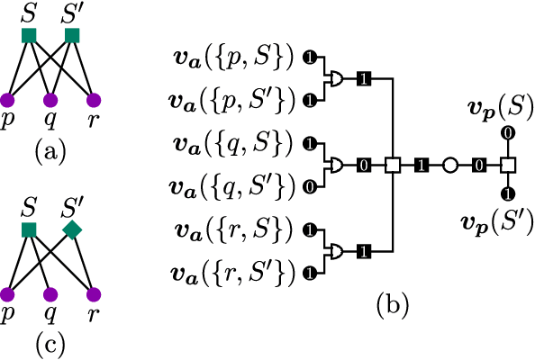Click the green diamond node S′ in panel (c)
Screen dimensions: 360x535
(x=73, y=231)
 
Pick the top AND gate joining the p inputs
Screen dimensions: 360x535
(x=336, y=79)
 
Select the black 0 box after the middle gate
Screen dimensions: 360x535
(x=363, y=166)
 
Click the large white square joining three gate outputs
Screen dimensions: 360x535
(x=392, y=166)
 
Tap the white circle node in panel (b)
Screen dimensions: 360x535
(x=450, y=166)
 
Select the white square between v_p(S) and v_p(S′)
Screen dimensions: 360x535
(x=507, y=166)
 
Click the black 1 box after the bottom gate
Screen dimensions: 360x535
(x=363, y=248)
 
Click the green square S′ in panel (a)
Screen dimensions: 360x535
(x=72, y=36)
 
